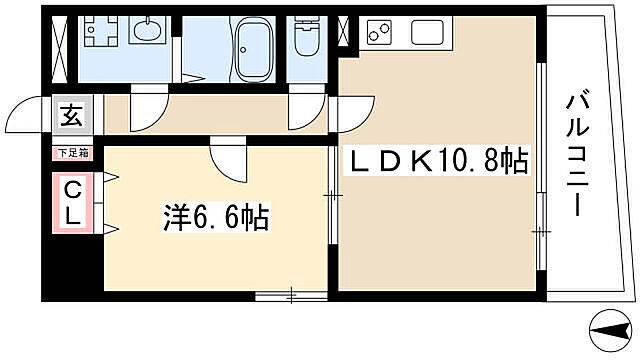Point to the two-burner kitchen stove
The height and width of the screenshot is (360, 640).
coord(381,34)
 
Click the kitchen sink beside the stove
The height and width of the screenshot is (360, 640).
coord(427,33)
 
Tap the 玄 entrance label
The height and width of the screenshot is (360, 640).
coord(73,115)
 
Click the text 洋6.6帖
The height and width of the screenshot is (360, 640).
coord(215,217)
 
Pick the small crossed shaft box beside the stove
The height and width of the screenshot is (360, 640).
coord(345,32)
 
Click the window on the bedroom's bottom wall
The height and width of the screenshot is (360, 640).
coord(290,295)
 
